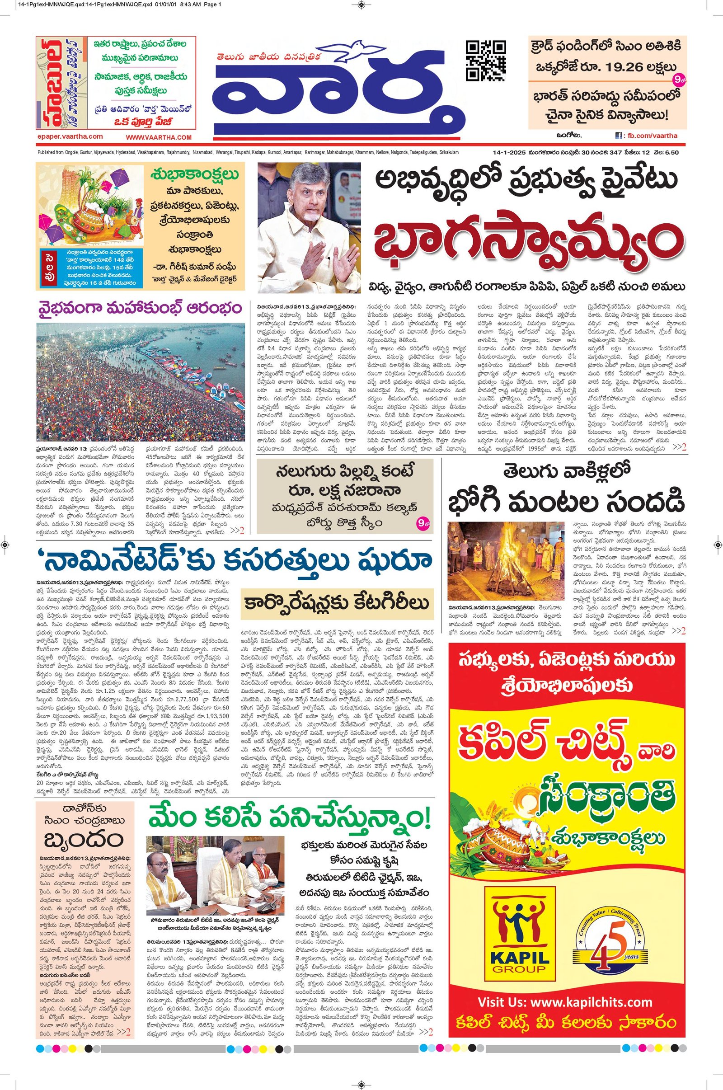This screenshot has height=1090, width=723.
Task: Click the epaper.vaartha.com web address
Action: click(x=69, y=136)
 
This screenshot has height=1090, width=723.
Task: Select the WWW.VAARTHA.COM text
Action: click(x=158, y=137)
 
